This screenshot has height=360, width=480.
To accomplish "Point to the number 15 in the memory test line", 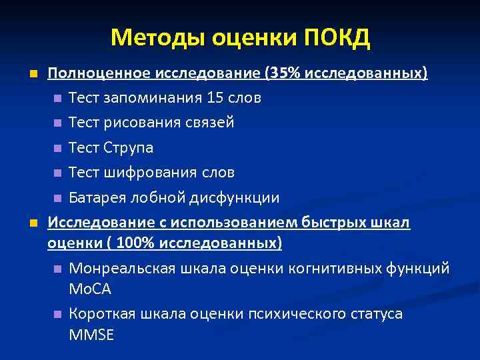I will tap(215, 98).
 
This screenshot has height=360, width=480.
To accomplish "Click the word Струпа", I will tap(129, 148).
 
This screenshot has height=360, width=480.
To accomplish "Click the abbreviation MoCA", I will tap(90, 289).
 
